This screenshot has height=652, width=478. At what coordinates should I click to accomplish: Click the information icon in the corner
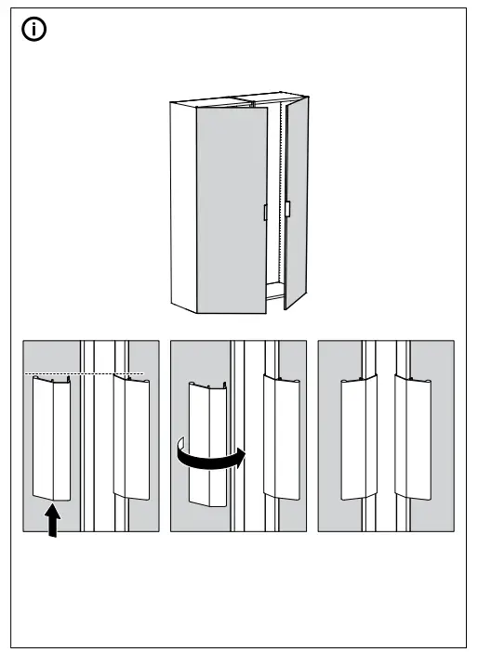[37, 30]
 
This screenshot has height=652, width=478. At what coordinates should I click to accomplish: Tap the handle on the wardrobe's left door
[265, 213]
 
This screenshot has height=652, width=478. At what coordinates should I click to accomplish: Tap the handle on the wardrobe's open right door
[288, 210]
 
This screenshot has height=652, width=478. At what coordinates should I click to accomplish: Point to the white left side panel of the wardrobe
[181, 204]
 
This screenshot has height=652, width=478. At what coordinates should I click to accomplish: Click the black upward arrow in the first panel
[54, 520]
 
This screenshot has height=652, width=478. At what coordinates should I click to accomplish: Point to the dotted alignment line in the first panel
[84, 374]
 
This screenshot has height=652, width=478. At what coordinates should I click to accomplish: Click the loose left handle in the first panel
[52, 437]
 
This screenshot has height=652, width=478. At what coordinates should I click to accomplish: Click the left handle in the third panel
[359, 437]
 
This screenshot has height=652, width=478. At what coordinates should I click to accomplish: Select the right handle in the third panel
[412, 437]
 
